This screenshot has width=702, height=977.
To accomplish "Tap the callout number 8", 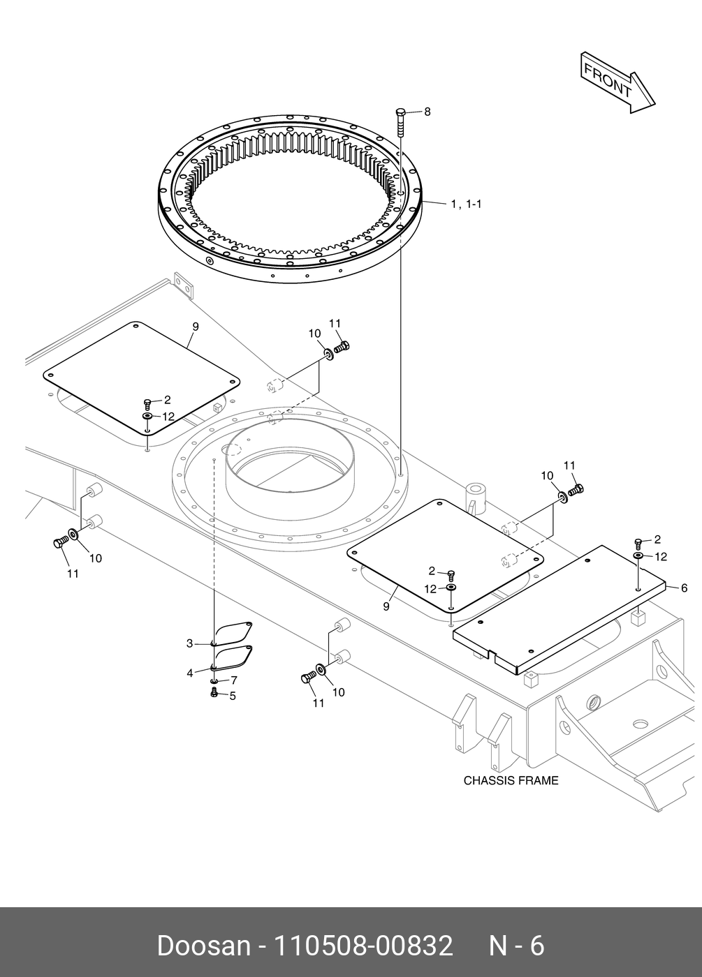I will tap(427, 112).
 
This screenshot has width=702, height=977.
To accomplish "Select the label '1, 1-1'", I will tap(466, 204).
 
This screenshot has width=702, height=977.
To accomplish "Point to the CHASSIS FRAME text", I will tap(511, 780).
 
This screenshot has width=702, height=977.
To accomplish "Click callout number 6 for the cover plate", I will tap(684, 588).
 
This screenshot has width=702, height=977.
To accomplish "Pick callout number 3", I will tap(189, 643).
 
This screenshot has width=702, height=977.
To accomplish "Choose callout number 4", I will tap(189, 673).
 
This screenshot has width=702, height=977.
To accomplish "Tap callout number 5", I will tap(233, 696).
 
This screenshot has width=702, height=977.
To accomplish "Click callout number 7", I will tap(234, 680).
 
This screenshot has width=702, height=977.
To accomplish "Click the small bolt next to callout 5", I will tap(214, 692).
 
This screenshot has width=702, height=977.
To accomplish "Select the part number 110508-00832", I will tap(363, 946).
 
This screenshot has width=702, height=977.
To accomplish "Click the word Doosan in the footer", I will tap(203, 946).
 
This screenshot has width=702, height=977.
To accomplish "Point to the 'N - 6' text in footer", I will tap(515, 946).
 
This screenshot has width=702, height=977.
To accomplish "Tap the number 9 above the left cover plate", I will tap(195, 327).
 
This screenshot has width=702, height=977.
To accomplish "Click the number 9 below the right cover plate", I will tap(386, 606).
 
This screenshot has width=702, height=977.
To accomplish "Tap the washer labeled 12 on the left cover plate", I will tap(148, 417).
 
